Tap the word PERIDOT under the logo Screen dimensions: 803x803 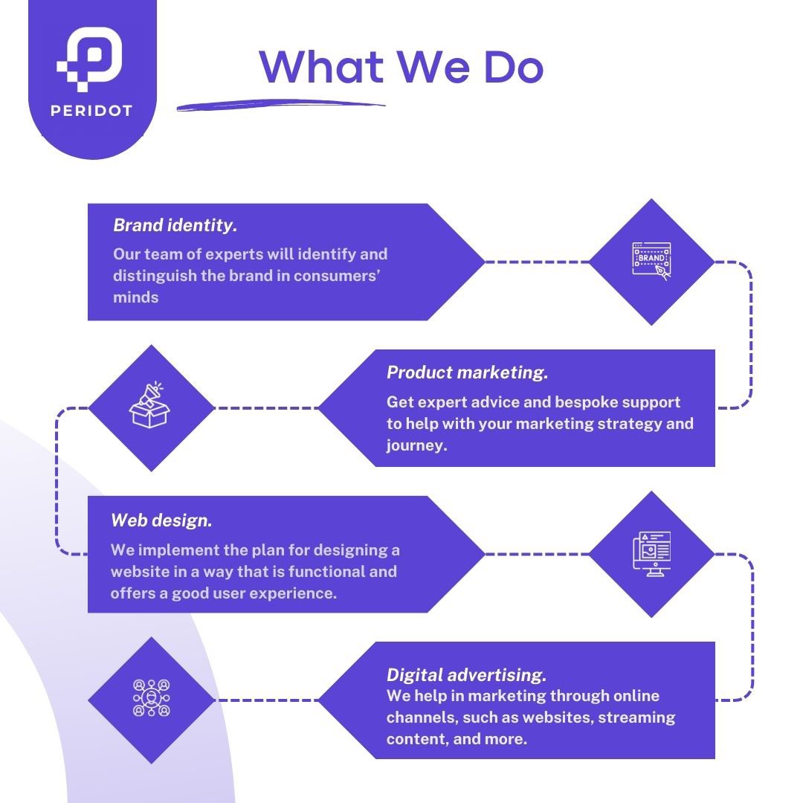[91, 112]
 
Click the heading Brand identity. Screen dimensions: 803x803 [175, 225]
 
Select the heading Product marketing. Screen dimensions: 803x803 [467, 373]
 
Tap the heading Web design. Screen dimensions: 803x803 [161, 520]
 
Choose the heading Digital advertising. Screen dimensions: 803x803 [466, 675]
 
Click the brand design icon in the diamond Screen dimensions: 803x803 [651, 261]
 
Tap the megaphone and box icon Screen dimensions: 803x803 [150, 406]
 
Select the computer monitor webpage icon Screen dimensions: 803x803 [651, 554]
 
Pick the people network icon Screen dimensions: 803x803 [151, 699]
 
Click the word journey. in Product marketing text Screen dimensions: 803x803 [416, 446]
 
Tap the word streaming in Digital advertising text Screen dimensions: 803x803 [636, 718]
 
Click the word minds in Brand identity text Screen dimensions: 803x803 [135, 297]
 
